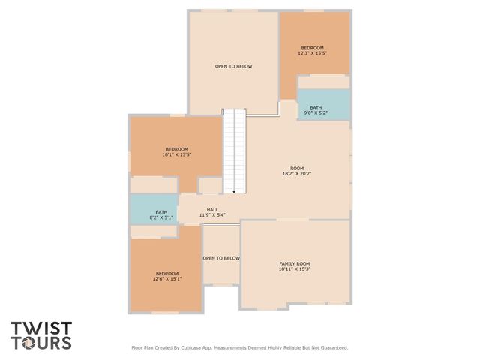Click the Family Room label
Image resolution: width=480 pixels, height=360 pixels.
coord(295,264)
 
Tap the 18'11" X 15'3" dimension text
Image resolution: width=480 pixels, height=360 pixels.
coord(295,270)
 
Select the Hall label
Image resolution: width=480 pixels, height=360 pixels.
coord(212,210)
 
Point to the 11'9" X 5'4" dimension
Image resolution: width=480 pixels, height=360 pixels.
coord(212,216)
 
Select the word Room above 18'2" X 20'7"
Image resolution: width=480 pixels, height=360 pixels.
coord(297,168)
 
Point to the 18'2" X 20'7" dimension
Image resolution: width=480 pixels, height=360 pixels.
coord(297,174)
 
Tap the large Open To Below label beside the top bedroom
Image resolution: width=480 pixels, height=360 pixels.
coord(234,66)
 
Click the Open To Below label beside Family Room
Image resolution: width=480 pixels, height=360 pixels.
coord(221,258)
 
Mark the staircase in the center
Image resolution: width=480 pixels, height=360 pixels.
coord(234,150)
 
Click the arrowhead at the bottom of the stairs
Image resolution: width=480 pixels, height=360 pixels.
coord(234,193)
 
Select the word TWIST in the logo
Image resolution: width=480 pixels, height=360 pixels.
coord(41,328)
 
